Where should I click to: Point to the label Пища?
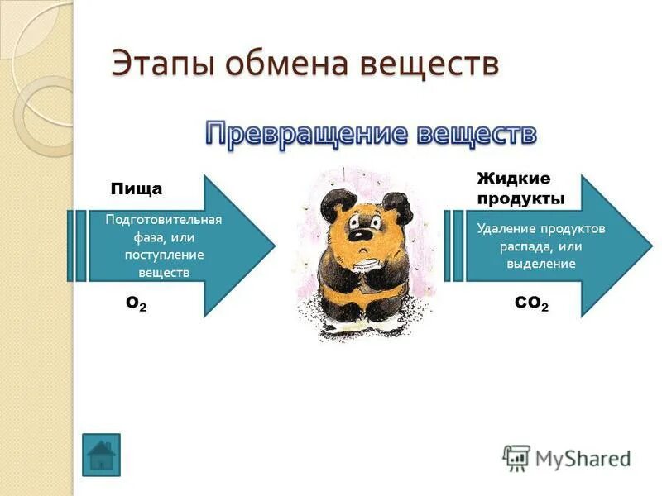pos(137,189)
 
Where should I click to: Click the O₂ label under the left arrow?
pos(137,304)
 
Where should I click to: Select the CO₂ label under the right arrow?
pos(531,304)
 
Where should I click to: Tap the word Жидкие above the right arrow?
pos(513,179)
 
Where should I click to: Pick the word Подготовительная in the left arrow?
pos(164,220)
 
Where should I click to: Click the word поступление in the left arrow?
pos(164,255)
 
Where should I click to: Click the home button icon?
pos(101,455)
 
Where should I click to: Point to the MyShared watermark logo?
pos(567,457)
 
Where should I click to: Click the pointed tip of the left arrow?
pos(274,246)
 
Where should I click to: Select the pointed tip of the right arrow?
pos(651,246)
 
